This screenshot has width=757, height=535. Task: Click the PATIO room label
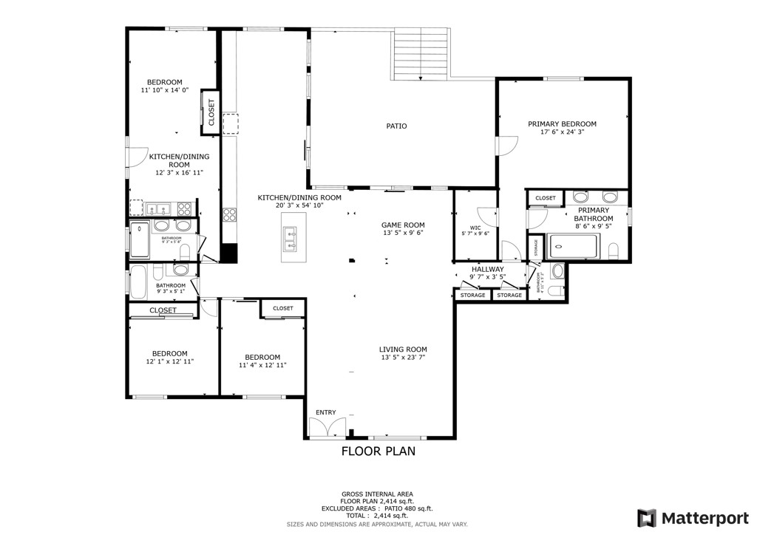[x=396, y=126]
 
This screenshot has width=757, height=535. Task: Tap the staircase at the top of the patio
[x=420, y=55]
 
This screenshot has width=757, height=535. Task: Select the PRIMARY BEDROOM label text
[x=562, y=124]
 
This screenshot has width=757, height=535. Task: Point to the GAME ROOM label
[x=403, y=225]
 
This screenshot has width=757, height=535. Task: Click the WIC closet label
[x=475, y=228]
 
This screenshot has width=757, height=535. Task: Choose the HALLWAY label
[x=487, y=270]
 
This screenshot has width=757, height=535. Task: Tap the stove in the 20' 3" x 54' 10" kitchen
[x=229, y=215]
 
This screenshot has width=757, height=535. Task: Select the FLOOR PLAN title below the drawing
[x=378, y=451]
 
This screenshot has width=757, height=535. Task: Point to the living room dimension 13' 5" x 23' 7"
[x=403, y=358]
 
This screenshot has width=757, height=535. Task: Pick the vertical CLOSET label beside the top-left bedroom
[x=211, y=116]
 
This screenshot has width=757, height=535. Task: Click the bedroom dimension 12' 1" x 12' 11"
[x=169, y=361]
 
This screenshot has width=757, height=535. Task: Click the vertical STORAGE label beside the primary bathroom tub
[x=536, y=248]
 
